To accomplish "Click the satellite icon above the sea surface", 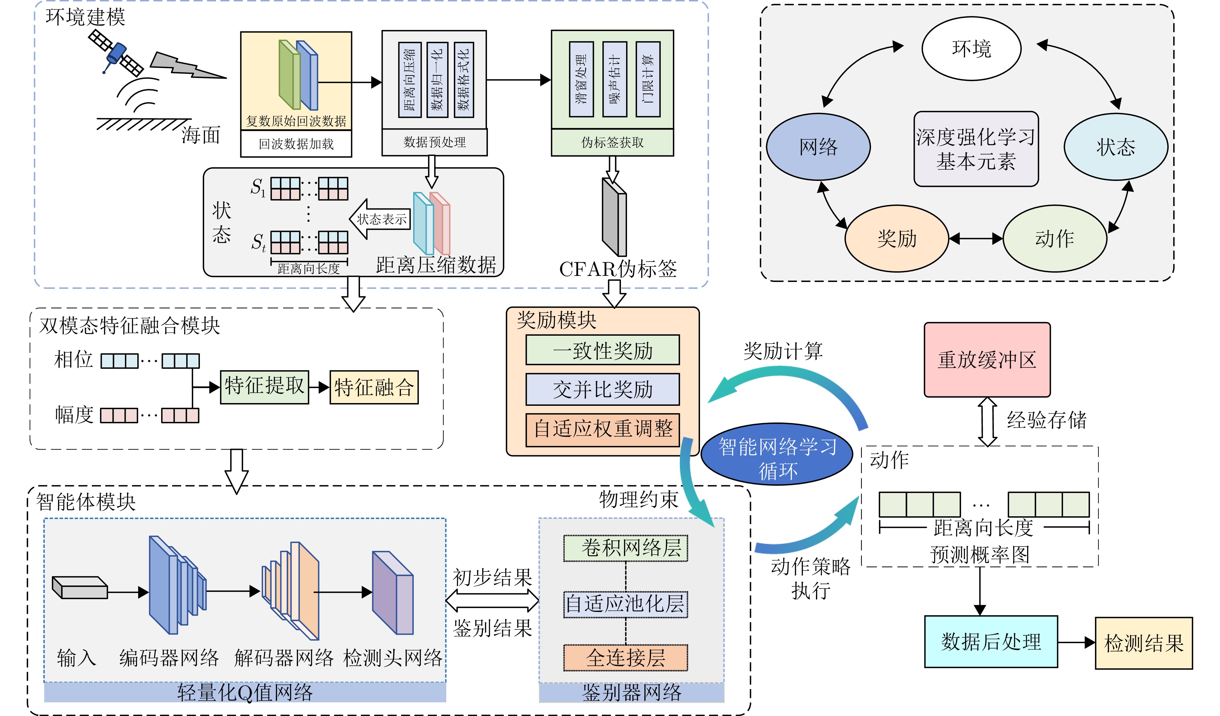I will pos(116,52).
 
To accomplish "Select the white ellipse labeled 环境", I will pos(971,48).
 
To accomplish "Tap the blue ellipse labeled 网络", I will pos(818,147).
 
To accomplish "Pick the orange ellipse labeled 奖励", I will pos(896,239).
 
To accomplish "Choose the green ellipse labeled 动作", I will pos(1054,239).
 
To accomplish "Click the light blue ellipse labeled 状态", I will pos(1115,147).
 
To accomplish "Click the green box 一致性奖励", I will pos(602,350).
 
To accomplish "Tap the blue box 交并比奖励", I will pos(602,389).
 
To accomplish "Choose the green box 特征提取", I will pos(264,387).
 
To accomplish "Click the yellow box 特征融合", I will pos(374,387).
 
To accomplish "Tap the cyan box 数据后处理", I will pos(991,642).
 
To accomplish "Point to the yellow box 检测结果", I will pos(1143,643).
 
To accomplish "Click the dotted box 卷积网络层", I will pos(625,548).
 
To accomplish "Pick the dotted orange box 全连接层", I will pos(625,657).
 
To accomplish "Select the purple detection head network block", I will pos(392,593).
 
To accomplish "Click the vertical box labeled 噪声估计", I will pos(614,79).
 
